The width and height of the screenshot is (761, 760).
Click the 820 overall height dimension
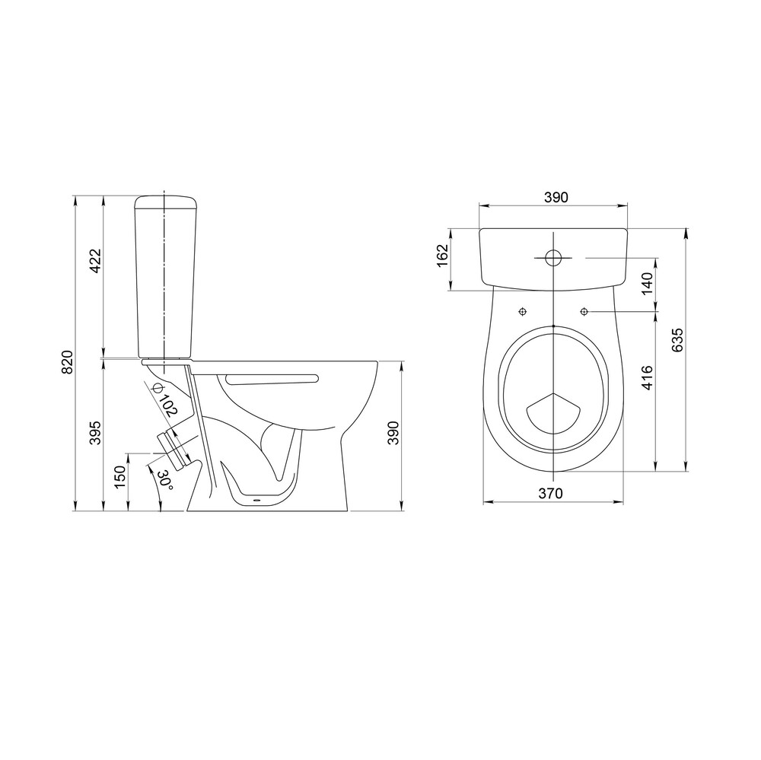tap(68, 362)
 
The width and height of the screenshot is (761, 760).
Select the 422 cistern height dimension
tap(95, 261)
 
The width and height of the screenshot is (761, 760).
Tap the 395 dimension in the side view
tap(95, 432)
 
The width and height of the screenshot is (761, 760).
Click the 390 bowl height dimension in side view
tap(393, 433)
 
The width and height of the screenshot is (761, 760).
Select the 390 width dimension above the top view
tap(556, 198)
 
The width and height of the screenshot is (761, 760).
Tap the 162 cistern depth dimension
tap(443, 256)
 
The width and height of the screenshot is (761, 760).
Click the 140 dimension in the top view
tap(648, 284)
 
